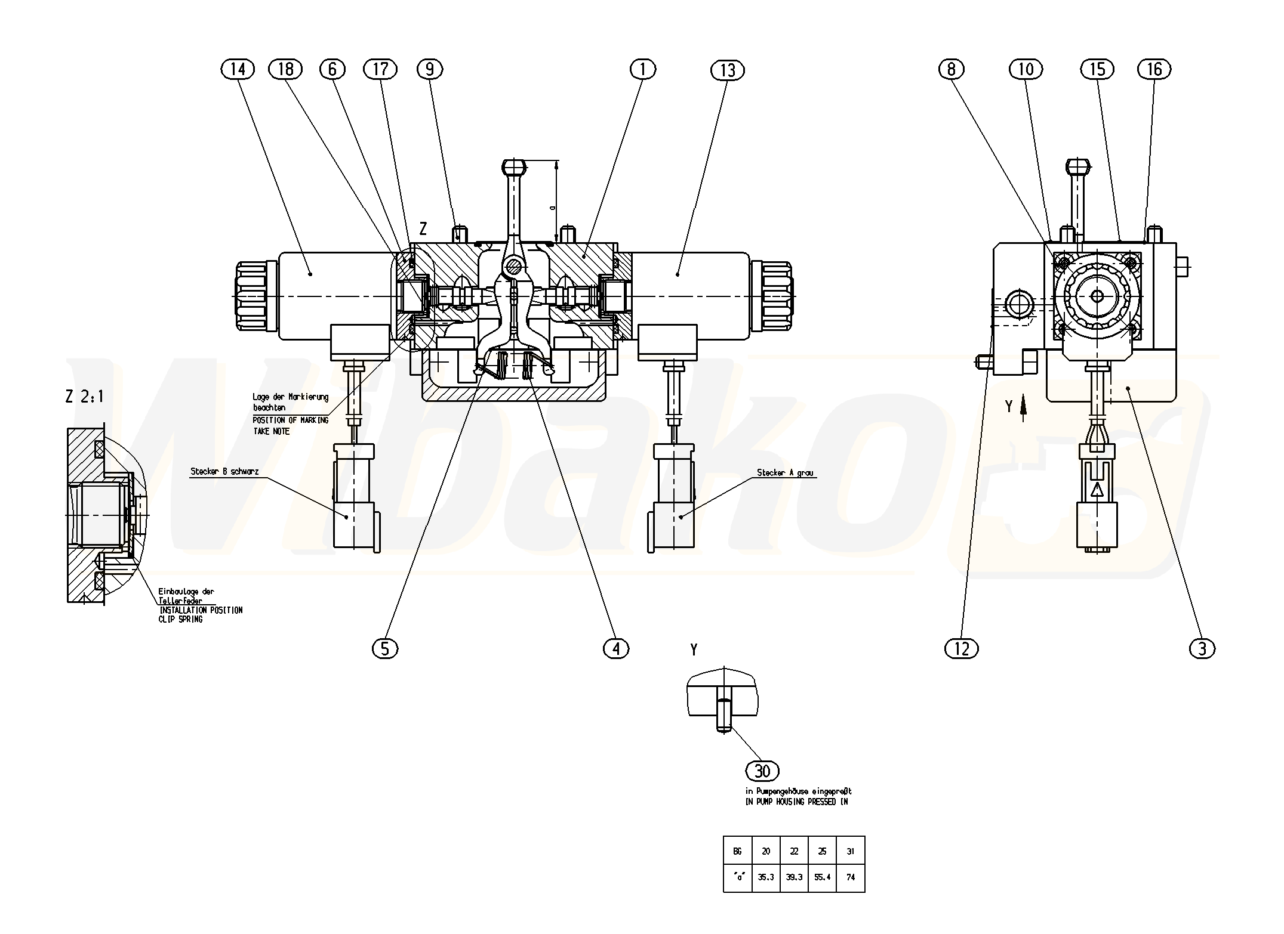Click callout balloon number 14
pos(237,70)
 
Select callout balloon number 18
pos(286,70)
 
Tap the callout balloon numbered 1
pos(642,70)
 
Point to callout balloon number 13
pos(727,71)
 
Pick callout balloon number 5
pos(384,648)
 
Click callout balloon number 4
pos(616,648)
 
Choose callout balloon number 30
pos(762,771)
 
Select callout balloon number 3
pos(1202,648)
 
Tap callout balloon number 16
pos(1154,70)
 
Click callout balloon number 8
pos(951,70)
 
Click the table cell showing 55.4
pos(822,877)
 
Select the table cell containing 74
pos(850,877)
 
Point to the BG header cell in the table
pos(737,851)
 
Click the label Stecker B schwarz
pos(224,472)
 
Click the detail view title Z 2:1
pos(84,397)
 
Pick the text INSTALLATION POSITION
pos(201,610)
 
